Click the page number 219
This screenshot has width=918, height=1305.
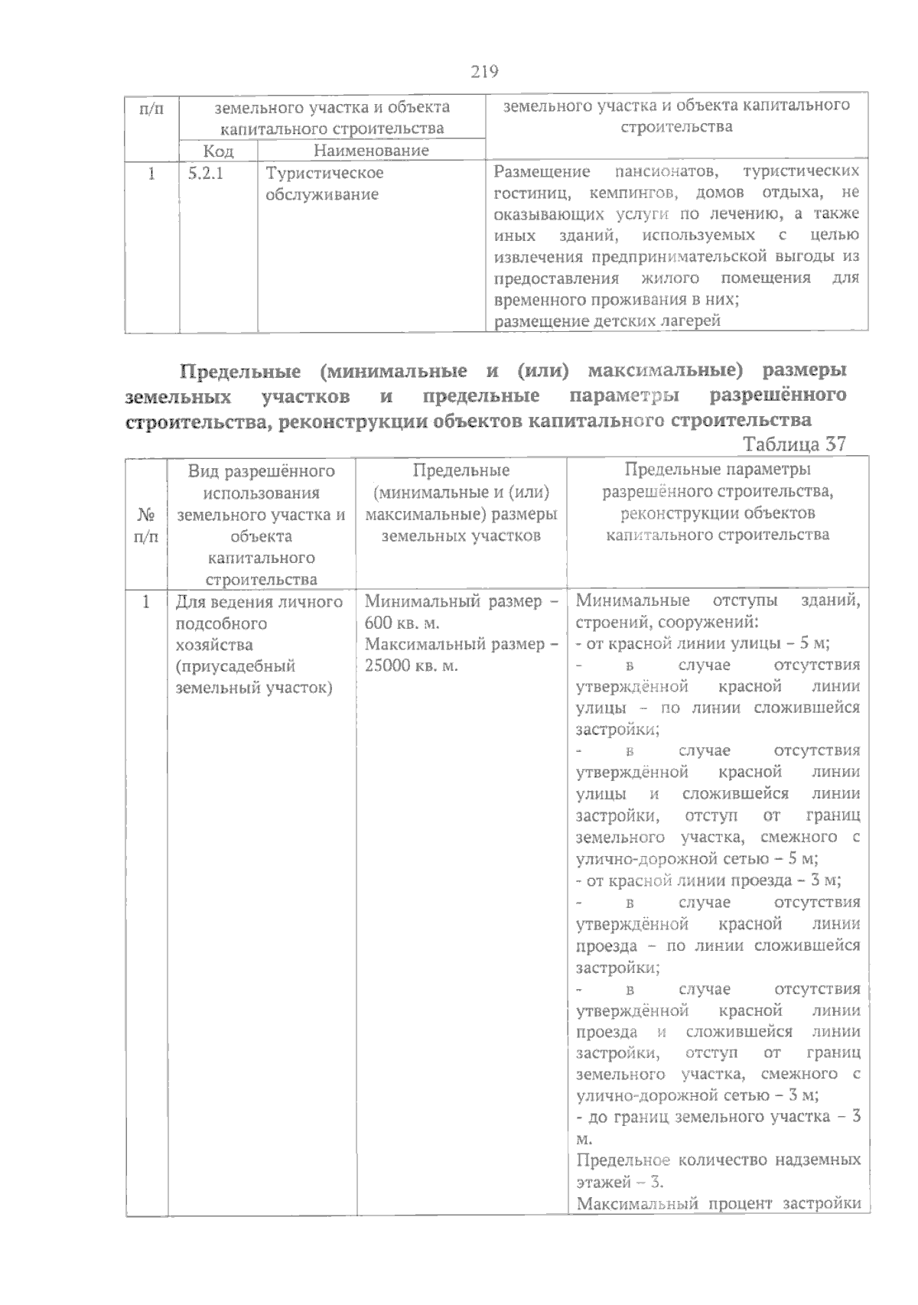tap(485, 72)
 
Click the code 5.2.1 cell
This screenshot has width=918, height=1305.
tap(206, 173)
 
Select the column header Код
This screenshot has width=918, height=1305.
tap(218, 151)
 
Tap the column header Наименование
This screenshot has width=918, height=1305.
tap(371, 151)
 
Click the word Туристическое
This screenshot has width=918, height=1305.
tap(324, 173)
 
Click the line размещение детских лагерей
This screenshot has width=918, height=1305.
tap(607, 321)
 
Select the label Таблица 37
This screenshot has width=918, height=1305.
tap(794, 444)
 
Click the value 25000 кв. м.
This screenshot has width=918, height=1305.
tap(412, 666)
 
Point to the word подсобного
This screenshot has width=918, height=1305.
tap(221, 623)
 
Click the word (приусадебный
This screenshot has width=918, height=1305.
tap(235, 666)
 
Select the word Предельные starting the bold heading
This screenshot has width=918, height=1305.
tap(239, 372)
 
